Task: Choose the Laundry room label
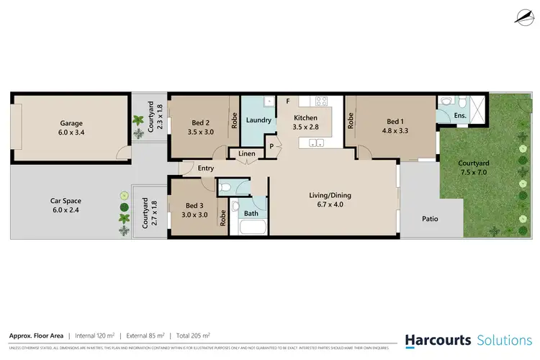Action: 258,121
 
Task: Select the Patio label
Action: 431,219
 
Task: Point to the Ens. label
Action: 459,114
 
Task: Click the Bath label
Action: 251,213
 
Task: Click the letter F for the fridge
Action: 287,101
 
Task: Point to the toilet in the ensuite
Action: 445,102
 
